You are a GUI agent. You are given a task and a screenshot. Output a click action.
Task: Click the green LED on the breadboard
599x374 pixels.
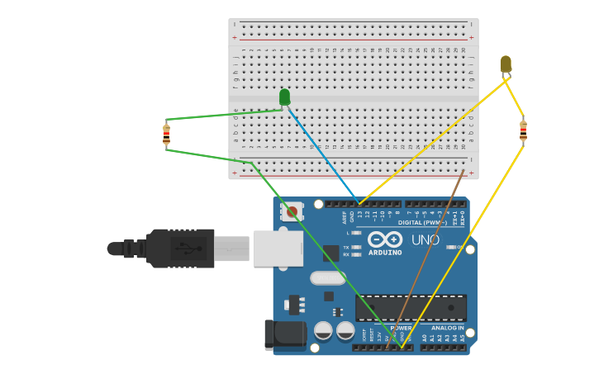tap(284, 97)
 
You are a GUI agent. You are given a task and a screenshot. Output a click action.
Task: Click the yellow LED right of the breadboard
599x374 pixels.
tap(506, 64)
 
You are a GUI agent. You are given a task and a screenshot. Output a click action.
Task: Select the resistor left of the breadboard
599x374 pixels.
tap(166, 135)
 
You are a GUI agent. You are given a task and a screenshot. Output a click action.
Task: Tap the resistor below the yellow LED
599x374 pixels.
tap(523, 130)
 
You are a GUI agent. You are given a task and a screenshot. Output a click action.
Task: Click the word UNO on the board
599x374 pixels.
tap(425, 239)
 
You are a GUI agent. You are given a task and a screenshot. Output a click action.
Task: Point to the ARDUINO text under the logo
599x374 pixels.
tap(385, 252)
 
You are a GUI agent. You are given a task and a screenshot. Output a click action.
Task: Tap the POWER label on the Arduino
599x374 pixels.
tap(401, 328)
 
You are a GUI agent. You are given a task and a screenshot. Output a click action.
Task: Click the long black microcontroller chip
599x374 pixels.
tap(411, 307)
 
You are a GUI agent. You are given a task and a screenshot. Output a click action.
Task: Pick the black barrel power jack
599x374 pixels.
tap(284, 334)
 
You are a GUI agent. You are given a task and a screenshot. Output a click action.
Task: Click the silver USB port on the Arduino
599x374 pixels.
tap(278, 248)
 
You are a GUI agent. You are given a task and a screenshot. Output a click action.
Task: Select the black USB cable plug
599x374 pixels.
tap(180, 248)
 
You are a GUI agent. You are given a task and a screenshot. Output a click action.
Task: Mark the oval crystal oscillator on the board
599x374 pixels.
tap(328, 278)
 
